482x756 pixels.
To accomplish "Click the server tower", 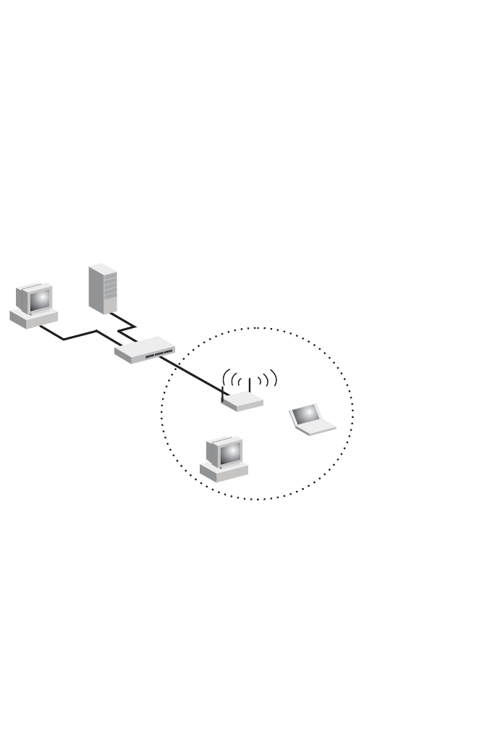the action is click(x=103, y=287).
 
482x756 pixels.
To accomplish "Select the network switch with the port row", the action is click(x=144, y=350).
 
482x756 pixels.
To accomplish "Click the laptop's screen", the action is click(x=306, y=413).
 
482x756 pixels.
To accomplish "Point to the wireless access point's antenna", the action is click(x=249, y=385).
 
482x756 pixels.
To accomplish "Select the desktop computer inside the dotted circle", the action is click(x=224, y=459).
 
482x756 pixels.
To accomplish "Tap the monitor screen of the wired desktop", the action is click(x=41, y=298).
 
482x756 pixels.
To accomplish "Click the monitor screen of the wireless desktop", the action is click(x=231, y=453).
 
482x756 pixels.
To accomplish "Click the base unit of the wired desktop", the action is click(x=33, y=318).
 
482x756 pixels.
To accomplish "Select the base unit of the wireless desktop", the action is click(x=224, y=472).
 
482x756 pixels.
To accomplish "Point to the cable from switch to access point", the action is click(x=192, y=374).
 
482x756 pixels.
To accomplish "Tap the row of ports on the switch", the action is click(x=158, y=354).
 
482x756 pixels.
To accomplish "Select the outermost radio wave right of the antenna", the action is click(x=274, y=378).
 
